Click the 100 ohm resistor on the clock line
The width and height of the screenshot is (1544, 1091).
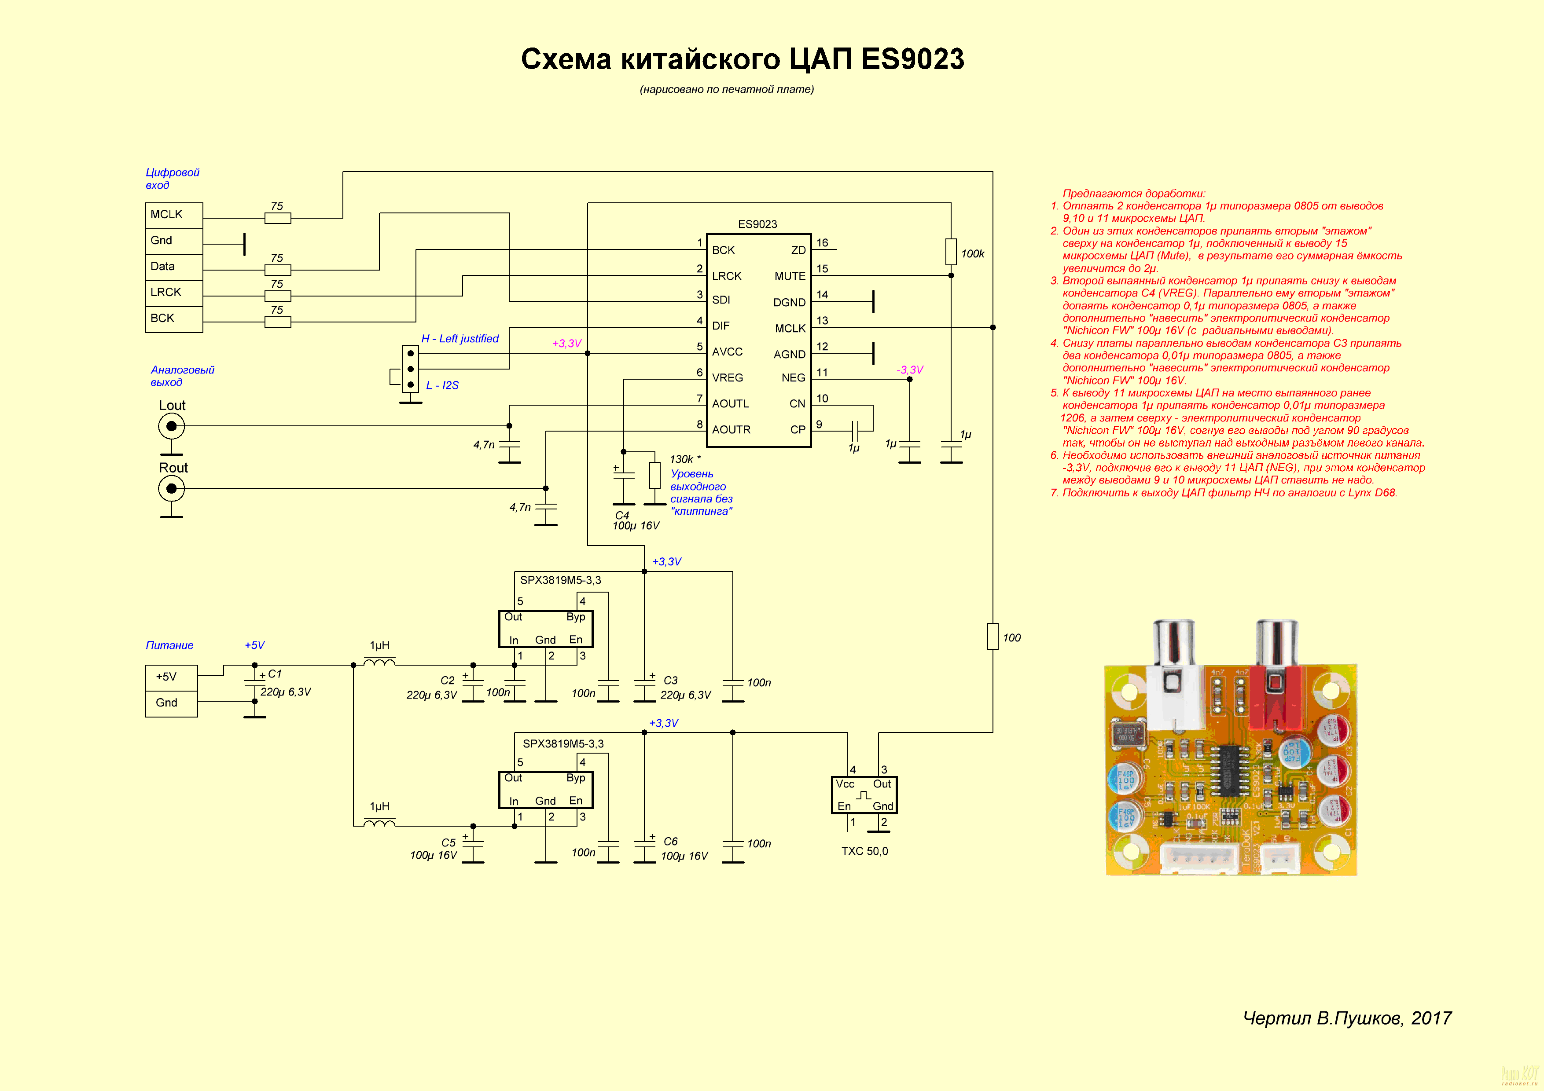tap(993, 636)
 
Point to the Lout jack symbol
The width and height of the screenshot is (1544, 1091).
tap(172, 426)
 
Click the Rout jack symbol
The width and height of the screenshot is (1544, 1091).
tap(172, 489)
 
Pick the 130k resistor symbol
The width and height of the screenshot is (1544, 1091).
tap(654, 475)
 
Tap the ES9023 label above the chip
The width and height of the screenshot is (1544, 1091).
tap(757, 224)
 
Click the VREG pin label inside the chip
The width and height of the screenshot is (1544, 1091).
tap(727, 378)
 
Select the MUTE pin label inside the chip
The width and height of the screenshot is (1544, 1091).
tap(790, 276)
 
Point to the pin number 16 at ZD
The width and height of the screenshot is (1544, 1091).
tap(822, 243)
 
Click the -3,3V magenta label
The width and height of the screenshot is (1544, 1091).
tap(909, 370)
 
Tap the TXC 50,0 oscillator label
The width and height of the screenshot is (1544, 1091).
tap(864, 851)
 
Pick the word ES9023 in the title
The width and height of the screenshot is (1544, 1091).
tap(912, 59)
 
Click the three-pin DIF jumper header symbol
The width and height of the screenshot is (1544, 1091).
tap(410, 368)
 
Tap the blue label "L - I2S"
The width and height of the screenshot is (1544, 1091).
tap(442, 385)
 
